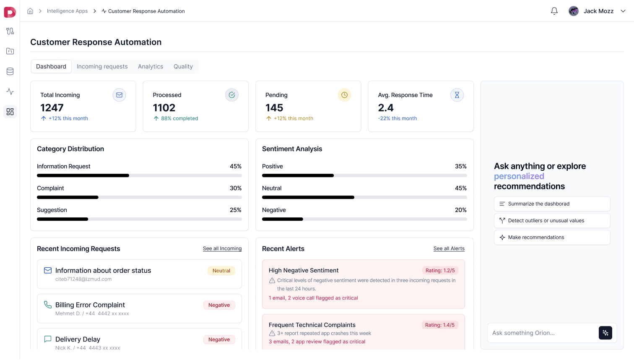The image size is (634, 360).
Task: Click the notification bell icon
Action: [554, 11]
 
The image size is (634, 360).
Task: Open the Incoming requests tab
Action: [102, 66]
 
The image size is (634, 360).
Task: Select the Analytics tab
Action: [151, 66]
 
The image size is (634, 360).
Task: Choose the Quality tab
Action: [183, 66]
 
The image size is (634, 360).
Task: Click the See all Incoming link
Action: [222, 248]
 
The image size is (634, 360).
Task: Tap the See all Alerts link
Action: [449, 248]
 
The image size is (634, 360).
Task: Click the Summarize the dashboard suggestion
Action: [552, 204]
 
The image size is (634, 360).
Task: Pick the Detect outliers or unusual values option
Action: [552, 221]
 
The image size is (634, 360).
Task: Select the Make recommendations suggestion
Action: [552, 237]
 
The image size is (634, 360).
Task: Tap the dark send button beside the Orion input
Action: [605, 333]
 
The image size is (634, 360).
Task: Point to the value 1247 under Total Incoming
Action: [52, 108]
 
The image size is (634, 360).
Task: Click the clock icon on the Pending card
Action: [344, 95]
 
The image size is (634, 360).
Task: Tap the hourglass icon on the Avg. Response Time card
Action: [457, 95]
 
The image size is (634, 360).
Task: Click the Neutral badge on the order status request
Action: [221, 271]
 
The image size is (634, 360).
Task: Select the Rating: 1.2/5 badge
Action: [440, 271]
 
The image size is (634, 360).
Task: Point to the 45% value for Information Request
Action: [236, 167]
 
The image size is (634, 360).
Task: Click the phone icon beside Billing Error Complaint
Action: [48, 305]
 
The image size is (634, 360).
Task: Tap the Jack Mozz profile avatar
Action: [574, 11]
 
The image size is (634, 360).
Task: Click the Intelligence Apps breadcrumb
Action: [67, 11]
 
